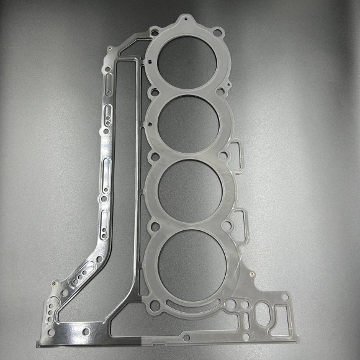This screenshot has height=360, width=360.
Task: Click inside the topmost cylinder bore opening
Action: [x=188, y=60]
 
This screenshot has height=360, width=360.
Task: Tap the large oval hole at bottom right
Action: [x=264, y=314]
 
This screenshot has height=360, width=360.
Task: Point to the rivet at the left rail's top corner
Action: [x=109, y=49]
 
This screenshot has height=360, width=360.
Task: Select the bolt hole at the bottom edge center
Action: [x=186, y=338]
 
